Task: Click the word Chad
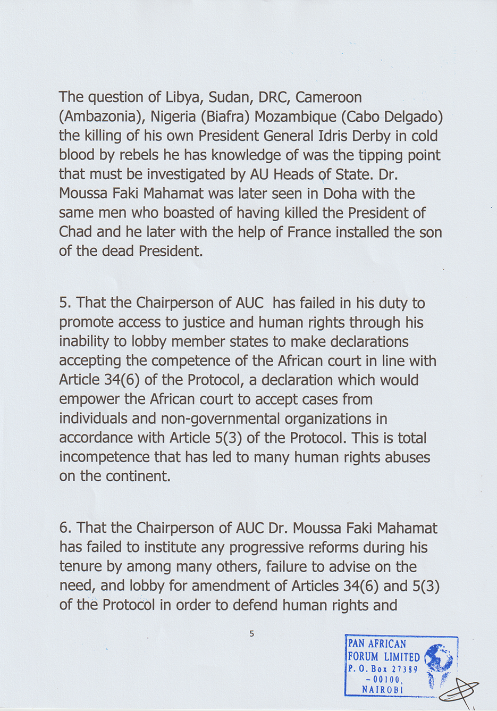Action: pyautogui.click(x=75, y=232)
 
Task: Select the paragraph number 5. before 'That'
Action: pyautogui.click(x=65, y=303)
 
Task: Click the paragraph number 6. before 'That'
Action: pyautogui.click(x=65, y=528)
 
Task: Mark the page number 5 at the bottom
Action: pyautogui.click(x=251, y=634)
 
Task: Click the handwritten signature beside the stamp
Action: pyautogui.click(x=459, y=690)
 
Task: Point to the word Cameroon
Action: pyautogui.click(x=328, y=98)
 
